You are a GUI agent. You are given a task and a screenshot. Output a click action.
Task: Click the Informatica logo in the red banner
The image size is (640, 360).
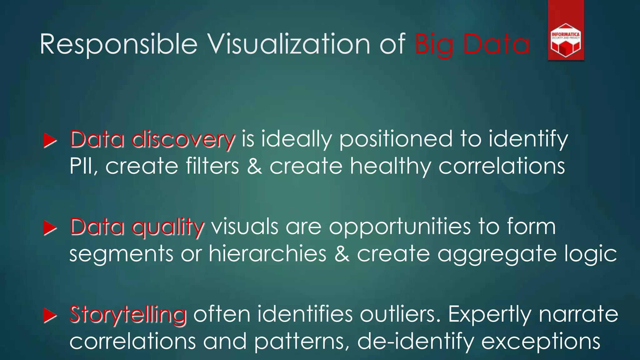(566, 40)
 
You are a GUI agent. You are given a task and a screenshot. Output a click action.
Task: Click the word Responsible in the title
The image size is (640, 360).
(118, 45)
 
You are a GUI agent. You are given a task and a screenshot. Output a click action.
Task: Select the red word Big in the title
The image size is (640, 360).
(434, 45)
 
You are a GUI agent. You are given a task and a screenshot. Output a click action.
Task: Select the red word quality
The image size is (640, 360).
(168, 227)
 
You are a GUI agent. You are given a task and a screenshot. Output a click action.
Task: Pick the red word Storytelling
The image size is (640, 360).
(128, 314)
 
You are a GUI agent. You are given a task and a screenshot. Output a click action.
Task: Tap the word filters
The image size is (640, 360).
(212, 166)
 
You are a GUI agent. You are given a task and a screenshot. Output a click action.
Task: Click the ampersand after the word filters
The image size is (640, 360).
(254, 166)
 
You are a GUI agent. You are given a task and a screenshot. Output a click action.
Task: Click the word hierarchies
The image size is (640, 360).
(267, 253)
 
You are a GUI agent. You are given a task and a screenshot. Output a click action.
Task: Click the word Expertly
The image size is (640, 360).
(489, 315)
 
